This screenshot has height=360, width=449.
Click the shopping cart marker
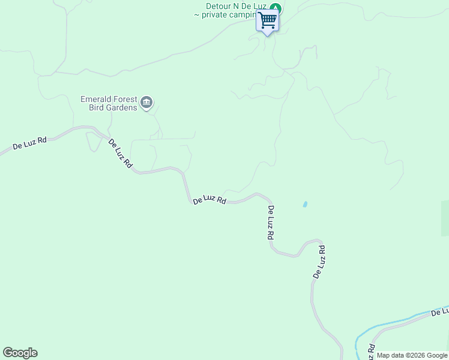click(268, 21)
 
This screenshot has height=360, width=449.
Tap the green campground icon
click(275, 8)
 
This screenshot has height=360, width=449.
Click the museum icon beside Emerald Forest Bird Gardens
click(147, 103)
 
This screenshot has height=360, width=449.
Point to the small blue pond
click(305, 204)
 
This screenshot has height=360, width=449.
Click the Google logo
click(20, 353)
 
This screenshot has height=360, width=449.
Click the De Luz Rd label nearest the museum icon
click(120, 153)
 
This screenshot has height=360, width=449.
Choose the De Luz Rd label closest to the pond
click(271, 223)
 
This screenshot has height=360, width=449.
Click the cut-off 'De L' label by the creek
click(440, 311)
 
